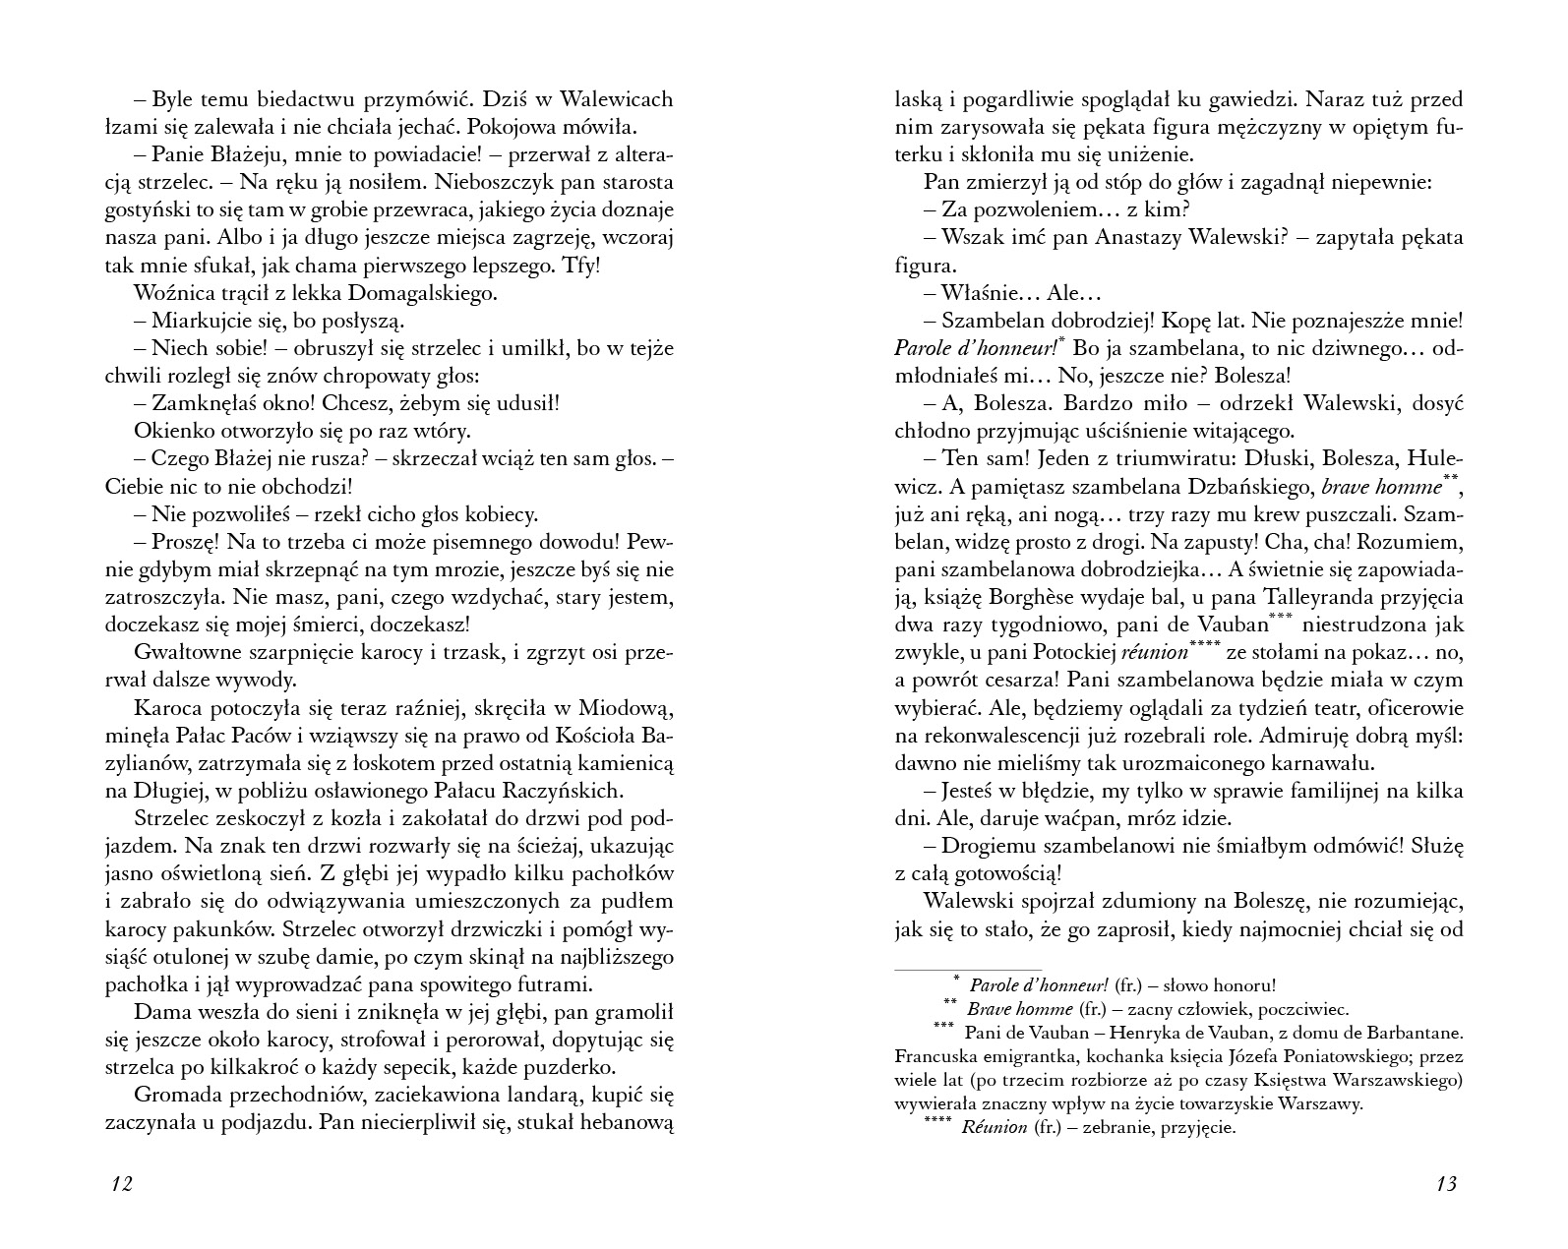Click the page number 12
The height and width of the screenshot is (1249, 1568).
pos(122,1183)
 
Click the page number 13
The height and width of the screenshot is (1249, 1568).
pos(1445,1183)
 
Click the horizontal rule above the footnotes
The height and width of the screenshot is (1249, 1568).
pos(967,970)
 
